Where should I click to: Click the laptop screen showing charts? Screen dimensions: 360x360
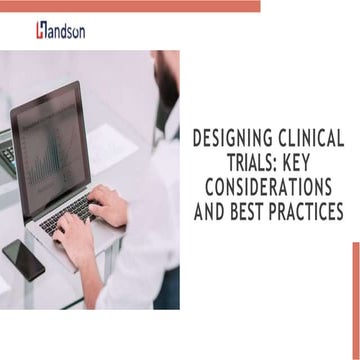pos(59,148)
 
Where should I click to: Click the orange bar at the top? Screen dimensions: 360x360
pos(130,6)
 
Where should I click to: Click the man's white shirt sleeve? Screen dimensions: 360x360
pos(140,240)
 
